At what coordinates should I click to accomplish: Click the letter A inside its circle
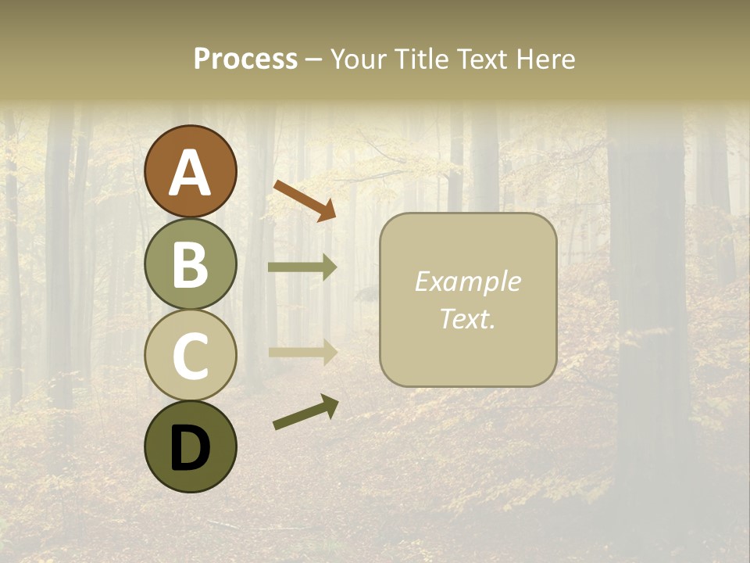[x=190, y=174]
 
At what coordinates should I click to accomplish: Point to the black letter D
[x=190, y=449]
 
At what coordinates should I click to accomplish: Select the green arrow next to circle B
[x=302, y=267]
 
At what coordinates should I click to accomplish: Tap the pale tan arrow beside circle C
[x=302, y=352]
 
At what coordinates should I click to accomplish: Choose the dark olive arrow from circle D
[x=305, y=413]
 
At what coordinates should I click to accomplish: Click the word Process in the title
[x=245, y=59]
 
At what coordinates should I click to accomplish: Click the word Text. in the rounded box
[x=467, y=318]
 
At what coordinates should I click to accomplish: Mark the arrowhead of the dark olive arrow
[x=329, y=405]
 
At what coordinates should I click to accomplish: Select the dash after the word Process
[x=314, y=59]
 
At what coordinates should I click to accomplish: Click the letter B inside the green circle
[x=190, y=266]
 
